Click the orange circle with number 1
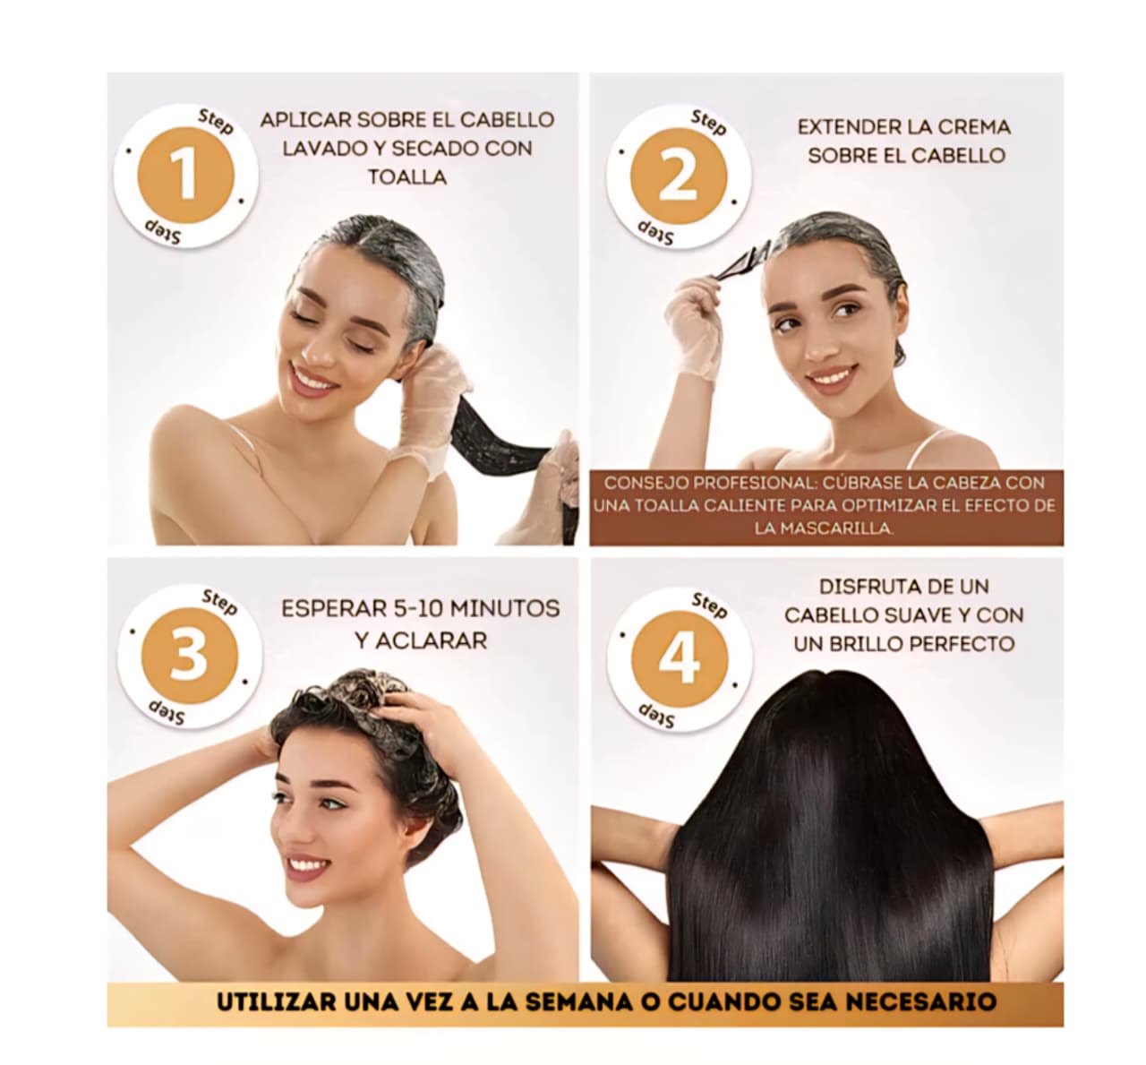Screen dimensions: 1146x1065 coord(186,175)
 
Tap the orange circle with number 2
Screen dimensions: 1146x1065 coord(678,176)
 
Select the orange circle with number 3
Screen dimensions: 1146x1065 coord(189,656)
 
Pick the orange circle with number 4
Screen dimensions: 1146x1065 coord(680,659)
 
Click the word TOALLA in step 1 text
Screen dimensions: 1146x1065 coord(407,176)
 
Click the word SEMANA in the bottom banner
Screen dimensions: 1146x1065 coord(578,1001)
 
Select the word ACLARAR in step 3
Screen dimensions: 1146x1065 coord(421,640)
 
